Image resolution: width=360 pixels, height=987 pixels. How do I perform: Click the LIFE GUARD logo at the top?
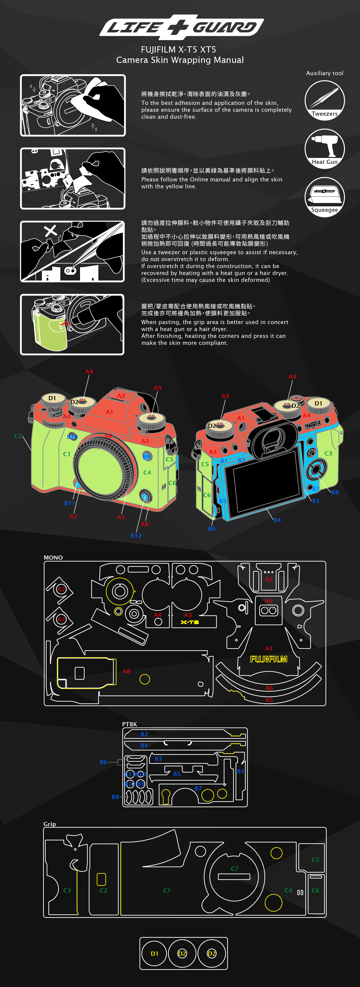(x=181, y=27)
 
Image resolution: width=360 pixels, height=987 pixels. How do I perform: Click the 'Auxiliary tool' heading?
(x=324, y=73)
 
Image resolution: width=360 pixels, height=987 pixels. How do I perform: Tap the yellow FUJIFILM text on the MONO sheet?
(x=269, y=659)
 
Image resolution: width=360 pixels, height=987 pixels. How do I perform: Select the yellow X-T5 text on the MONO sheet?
(x=190, y=622)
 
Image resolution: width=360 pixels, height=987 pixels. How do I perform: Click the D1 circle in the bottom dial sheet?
(x=154, y=953)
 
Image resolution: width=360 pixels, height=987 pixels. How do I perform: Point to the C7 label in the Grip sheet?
(x=234, y=869)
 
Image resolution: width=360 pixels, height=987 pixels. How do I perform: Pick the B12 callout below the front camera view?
(x=136, y=536)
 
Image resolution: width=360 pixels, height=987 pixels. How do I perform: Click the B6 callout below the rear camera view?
(x=211, y=529)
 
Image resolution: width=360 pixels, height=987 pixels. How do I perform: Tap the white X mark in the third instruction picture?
(x=50, y=231)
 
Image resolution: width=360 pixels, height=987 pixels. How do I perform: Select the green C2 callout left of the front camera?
(x=18, y=436)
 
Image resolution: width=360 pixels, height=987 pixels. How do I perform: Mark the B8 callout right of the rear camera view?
(x=335, y=492)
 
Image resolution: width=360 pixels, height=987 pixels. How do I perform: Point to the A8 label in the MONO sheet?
(x=126, y=671)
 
